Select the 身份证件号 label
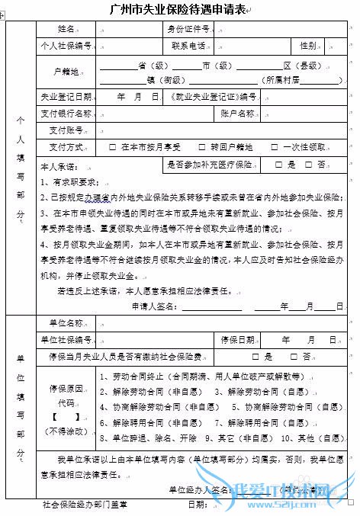(188, 30)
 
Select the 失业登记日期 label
(66, 98)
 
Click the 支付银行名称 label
(66, 114)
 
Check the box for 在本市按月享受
(113, 146)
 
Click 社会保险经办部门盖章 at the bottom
(85, 505)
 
